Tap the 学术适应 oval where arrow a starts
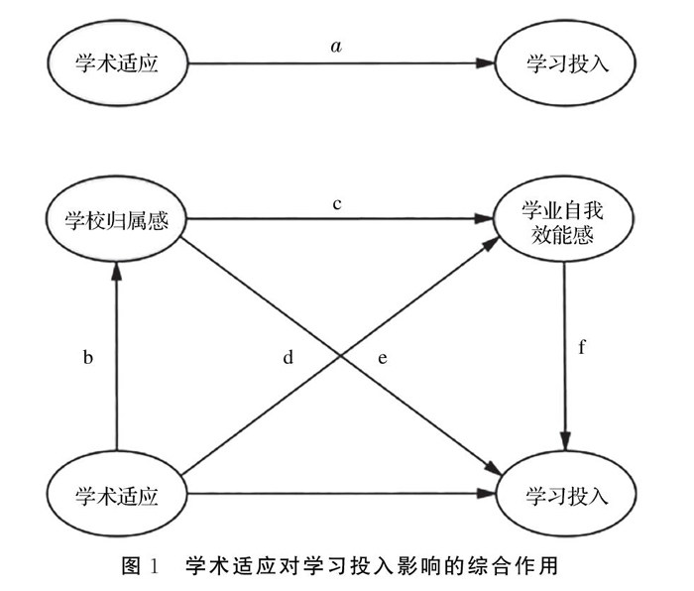pos(117,65)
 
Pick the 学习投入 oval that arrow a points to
pos(564,65)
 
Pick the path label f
pos(583,349)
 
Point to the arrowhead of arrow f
pos(564,442)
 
